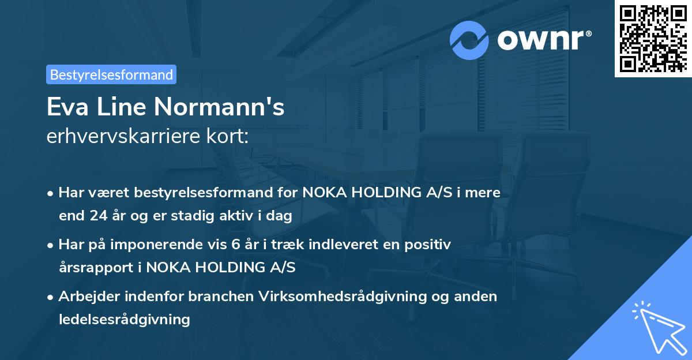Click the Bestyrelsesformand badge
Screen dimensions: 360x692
tap(111, 74)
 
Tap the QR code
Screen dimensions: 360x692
tap(653, 38)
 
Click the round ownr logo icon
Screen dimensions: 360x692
tap(469, 40)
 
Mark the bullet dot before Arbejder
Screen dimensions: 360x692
tap(51, 297)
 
